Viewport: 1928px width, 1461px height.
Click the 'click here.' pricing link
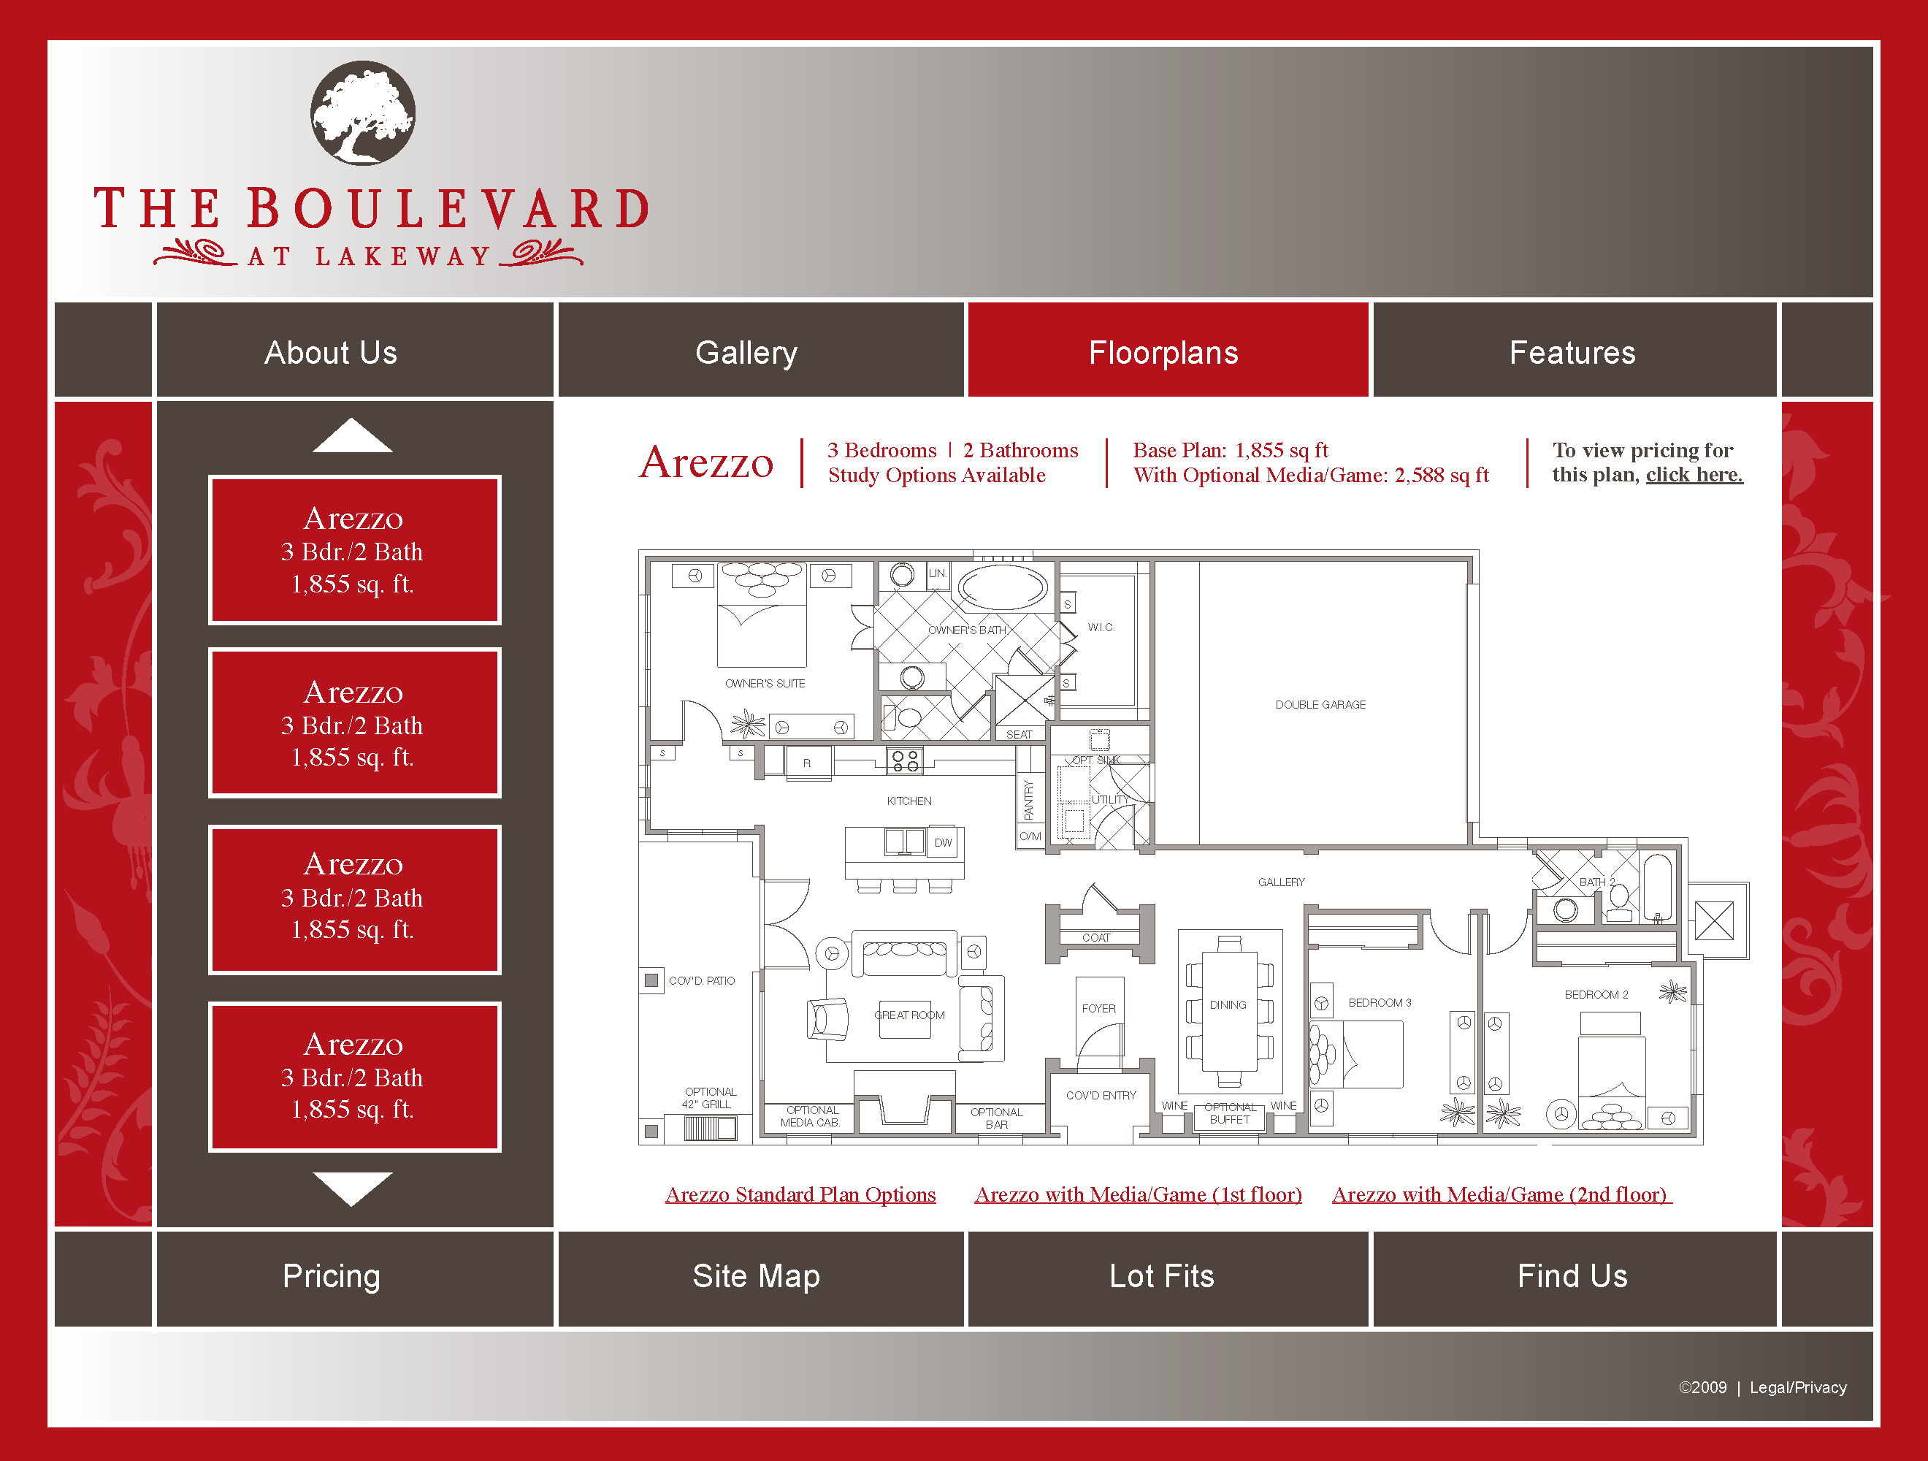(1694, 475)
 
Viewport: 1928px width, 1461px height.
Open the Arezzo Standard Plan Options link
(800, 1194)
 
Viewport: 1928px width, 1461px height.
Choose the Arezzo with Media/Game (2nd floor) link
(1501, 1194)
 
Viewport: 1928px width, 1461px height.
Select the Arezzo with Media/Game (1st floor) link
(1139, 1194)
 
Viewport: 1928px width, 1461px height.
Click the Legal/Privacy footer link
(1797, 1388)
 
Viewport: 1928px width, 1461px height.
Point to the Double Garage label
(1320, 704)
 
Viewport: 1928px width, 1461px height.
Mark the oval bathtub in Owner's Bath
(1003, 587)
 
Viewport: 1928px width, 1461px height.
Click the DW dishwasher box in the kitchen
(943, 842)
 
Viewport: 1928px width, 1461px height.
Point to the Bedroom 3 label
(1379, 1002)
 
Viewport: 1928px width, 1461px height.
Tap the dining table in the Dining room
(1229, 1011)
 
